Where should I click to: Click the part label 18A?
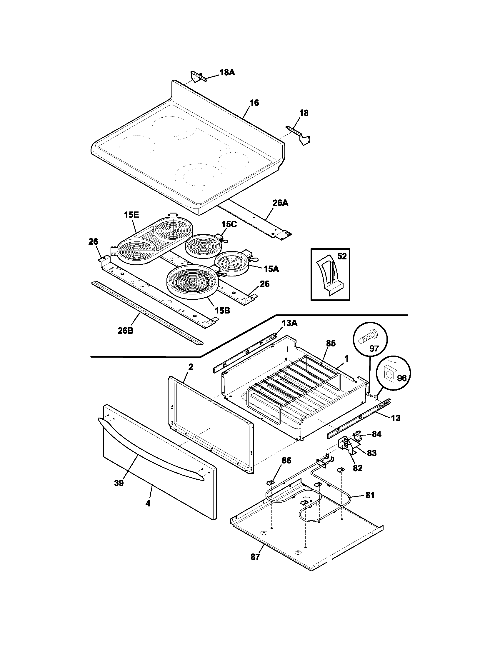point(227,73)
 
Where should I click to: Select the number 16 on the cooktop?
point(254,103)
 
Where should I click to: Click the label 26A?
point(280,203)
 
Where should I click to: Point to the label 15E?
point(131,215)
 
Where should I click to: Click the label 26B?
point(125,331)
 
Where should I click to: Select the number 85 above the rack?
point(331,343)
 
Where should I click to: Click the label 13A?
point(289,323)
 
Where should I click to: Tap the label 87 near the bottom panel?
point(255,557)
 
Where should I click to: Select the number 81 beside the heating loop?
point(370,495)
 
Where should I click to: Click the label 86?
point(286,460)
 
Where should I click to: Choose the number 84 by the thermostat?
point(376,434)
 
